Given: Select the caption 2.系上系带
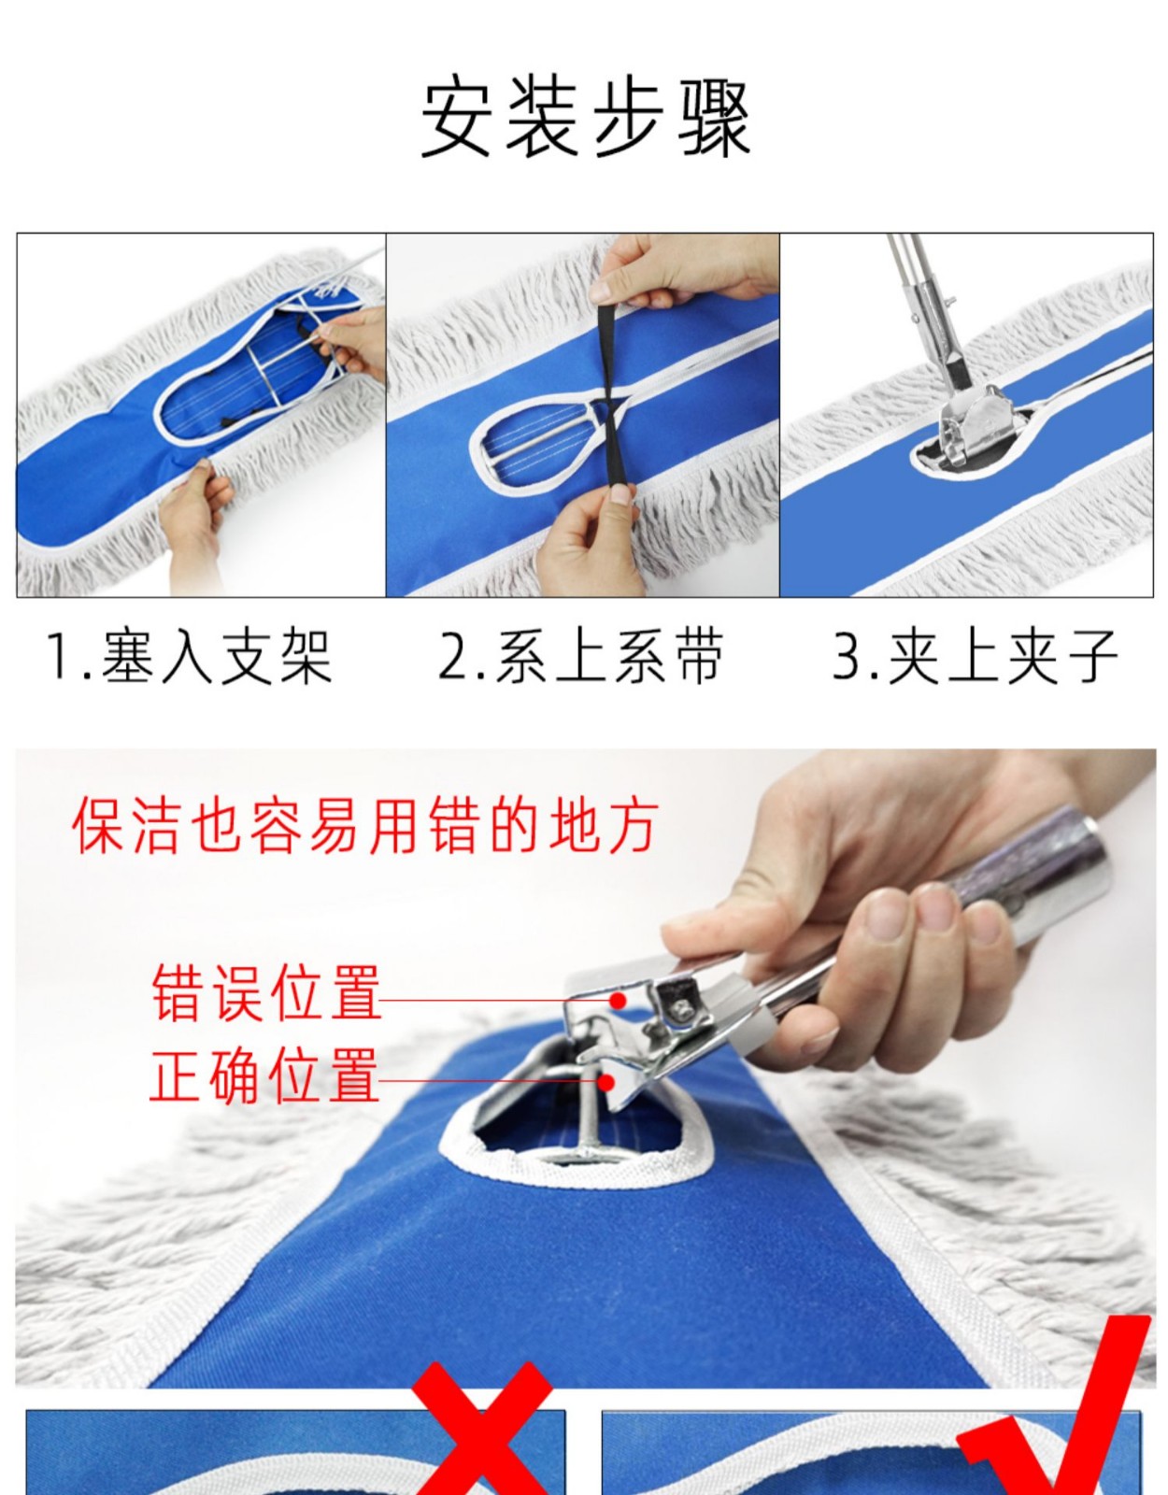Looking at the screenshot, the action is coord(581,658).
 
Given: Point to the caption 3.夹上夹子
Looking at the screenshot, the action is coord(975,658).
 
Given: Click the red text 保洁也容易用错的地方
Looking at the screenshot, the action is coord(365,826).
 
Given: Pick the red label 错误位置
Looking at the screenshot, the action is coord(266,993).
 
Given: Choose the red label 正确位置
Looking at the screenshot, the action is coord(264,1076).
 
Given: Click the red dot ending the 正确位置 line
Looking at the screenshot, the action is coord(606,1083).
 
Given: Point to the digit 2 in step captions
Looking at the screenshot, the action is coord(453,658).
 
